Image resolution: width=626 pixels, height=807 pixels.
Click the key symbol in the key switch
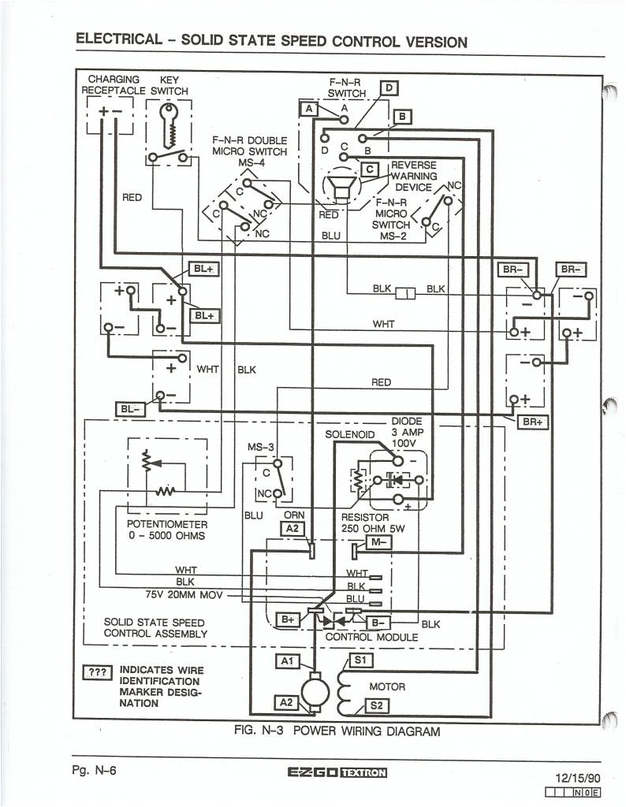click(x=170, y=124)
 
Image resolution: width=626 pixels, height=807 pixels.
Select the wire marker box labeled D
click(x=389, y=88)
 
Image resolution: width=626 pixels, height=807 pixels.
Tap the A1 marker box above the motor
click(x=287, y=660)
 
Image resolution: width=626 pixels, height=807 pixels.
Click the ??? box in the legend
click(x=98, y=672)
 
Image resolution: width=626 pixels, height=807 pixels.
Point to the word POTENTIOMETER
click(x=167, y=524)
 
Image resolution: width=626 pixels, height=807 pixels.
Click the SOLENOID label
click(x=348, y=434)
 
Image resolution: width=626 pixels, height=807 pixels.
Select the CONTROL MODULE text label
click(x=371, y=636)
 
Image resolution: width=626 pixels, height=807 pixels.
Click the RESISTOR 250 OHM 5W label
click(x=372, y=523)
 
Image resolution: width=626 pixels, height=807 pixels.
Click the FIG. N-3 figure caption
click(x=337, y=731)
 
